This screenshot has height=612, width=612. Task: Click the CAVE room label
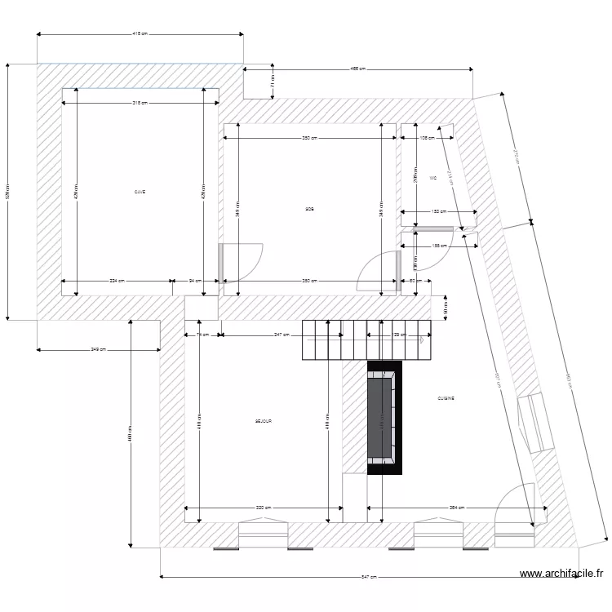click(140, 192)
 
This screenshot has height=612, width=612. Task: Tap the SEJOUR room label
click(263, 421)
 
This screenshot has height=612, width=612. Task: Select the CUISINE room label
click(446, 398)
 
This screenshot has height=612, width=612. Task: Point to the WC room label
click(432, 178)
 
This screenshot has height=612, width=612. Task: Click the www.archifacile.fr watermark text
click(563, 574)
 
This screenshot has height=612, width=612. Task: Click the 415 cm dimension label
click(140, 34)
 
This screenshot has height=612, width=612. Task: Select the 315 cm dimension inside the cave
click(140, 103)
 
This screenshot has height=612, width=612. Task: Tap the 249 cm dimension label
click(98, 350)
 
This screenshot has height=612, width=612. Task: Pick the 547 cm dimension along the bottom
click(369, 577)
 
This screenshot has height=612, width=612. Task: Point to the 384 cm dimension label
click(457, 508)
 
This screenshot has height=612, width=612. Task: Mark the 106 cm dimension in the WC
click(425, 139)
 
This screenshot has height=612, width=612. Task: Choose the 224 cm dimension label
click(118, 281)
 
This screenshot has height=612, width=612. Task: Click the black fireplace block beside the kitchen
click(384, 417)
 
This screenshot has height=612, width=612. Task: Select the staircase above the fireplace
click(366, 339)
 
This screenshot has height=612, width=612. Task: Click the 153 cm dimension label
click(438, 211)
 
